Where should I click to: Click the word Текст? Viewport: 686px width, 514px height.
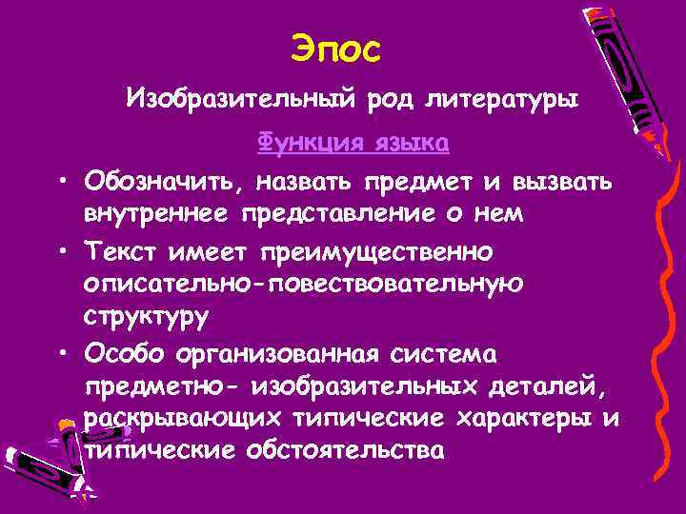(x=125, y=251)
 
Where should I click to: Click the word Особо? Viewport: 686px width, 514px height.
(x=124, y=354)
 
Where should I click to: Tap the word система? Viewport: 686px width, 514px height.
(x=450, y=354)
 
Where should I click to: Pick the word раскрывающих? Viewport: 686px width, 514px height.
(x=182, y=418)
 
